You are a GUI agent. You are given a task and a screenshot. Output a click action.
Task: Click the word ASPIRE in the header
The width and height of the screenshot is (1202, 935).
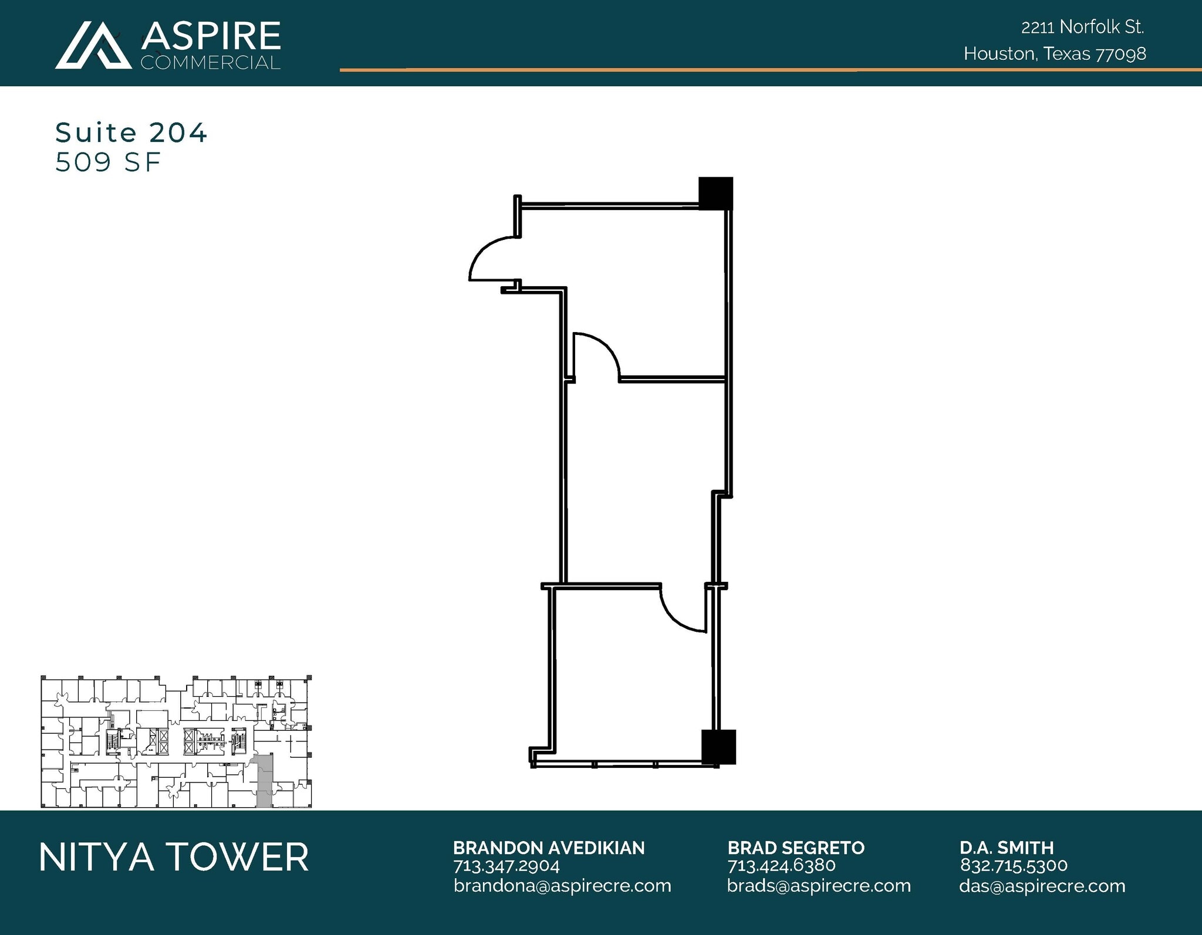pos(211,36)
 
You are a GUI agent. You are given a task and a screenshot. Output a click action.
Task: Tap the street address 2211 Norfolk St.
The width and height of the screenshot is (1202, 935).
pos(1082,27)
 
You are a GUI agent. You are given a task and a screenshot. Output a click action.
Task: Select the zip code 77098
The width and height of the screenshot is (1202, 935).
pos(1120,54)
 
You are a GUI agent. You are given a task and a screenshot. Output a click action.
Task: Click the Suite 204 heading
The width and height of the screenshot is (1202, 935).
pos(131,133)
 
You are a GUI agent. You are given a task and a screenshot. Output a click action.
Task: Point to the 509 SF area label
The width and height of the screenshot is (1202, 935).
pos(108,162)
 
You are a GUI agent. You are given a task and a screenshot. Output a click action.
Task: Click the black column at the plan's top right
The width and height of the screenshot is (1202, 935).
pos(715,193)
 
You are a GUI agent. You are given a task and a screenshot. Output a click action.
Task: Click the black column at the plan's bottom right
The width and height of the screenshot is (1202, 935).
pos(718,746)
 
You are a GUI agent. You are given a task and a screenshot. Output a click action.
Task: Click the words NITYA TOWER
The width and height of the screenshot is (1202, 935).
pos(174,857)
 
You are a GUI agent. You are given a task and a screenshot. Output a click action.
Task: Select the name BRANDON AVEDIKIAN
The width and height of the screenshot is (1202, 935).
pos(548,848)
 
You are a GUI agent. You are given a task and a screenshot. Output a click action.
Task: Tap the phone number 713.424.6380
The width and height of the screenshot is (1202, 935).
pos(781,865)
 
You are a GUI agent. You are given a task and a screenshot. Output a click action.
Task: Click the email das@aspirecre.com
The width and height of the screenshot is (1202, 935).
pos(1042,886)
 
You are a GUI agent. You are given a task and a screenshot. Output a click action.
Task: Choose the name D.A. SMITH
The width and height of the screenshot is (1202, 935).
pos(1007,848)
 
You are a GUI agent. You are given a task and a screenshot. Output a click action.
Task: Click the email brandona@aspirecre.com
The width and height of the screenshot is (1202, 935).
pos(562,886)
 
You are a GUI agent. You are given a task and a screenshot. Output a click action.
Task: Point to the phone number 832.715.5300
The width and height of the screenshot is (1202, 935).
pos(1014,865)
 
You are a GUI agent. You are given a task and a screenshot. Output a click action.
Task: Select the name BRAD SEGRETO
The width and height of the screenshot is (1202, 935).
pos(796,848)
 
